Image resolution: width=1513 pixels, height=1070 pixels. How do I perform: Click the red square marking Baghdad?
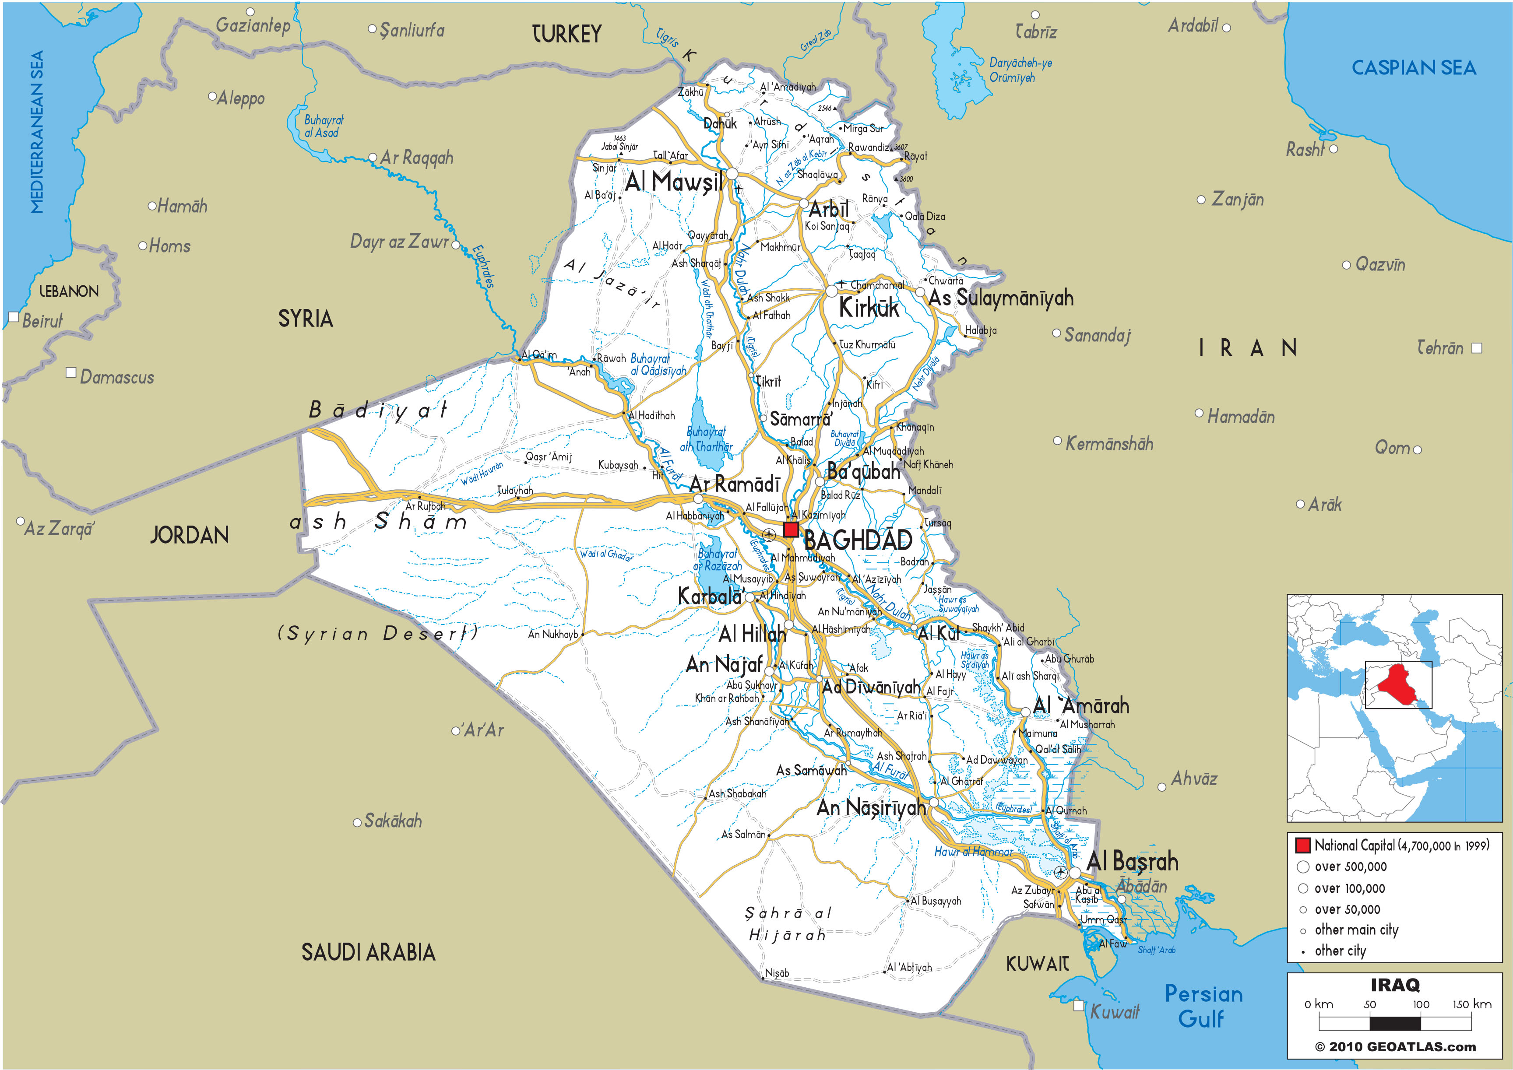point(791,530)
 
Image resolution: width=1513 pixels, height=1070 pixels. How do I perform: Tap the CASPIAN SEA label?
point(1414,68)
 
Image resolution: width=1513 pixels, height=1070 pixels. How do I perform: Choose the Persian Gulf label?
point(1203,1006)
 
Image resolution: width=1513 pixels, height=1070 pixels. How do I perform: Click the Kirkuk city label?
point(869,308)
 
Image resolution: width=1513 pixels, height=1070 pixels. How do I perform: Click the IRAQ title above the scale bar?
point(1395,985)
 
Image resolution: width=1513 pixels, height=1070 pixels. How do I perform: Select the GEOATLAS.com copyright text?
point(1395,1046)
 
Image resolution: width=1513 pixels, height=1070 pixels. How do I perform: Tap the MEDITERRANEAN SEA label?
point(37,132)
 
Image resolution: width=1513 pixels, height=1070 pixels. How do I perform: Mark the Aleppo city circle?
point(212,97)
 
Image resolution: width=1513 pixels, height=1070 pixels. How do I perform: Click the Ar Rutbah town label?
point(425,506)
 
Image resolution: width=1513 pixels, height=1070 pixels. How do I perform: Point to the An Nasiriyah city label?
point(871,807)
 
